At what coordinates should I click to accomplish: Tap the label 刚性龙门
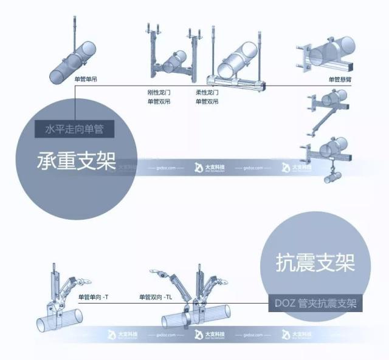click(x=157, y=93)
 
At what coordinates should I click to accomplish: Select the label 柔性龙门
click(x=207, y=93)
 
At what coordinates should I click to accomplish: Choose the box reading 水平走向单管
click(x=75, y=129)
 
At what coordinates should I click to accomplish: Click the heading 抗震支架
click(x=314, y=262)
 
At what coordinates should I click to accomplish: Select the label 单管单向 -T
click(x=93, y=297)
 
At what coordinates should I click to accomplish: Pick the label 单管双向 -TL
click(x=156, y=297)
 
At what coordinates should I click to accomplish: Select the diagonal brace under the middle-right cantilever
click(x=321, y=123)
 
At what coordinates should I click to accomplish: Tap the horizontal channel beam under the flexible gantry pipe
click(x=237, y=80)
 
